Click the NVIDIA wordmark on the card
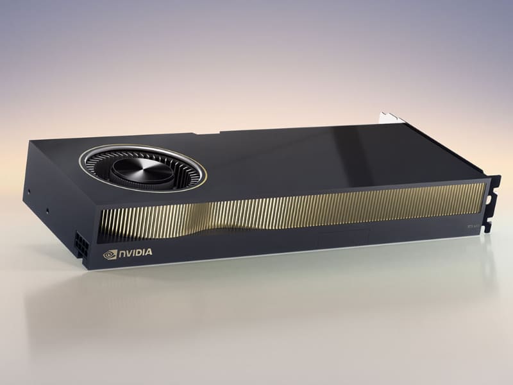(x=135, y=253)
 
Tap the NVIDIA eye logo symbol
(x=110, y=253)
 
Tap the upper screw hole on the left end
(x=29, y=191)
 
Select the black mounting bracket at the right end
(x=492, y=199)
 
